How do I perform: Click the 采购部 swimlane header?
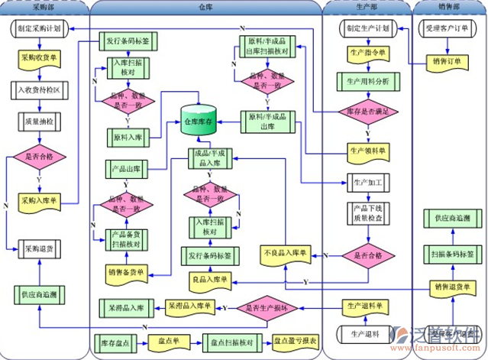coord(44,7)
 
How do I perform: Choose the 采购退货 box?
coord(40,248)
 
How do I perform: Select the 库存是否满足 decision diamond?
coord(369,112)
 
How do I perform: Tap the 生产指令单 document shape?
coord(367,54)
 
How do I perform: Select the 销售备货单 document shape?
coord(126,271)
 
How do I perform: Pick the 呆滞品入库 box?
coord(126,308)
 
